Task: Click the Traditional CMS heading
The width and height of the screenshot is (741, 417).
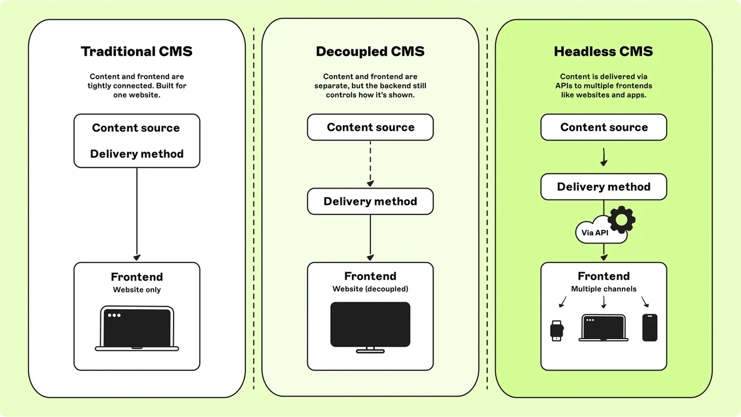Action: (x=137, y=51)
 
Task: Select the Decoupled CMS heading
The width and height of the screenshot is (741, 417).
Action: (x=370, y=51)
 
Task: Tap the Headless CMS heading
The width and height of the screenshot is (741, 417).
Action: (x=603, y=51)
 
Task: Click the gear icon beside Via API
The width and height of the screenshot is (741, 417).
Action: (x=622, y=219)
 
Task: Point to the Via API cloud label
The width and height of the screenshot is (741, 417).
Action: (x=595, y=233)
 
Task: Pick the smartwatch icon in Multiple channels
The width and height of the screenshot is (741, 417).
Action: (x=556, y=331)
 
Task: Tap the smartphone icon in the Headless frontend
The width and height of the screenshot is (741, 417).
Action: (x=650, y=328)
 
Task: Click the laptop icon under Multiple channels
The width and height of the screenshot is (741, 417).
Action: (x=603, y=328)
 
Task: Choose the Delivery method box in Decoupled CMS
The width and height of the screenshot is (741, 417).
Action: (x=370, y=201)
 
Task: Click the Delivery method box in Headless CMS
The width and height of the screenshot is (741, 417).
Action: (x=604, y=187)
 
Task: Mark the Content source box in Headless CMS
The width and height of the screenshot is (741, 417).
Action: (x=604, y=127)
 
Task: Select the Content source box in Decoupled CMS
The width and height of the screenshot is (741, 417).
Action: (x=370, y=127)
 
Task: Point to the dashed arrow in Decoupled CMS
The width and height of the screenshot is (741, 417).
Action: (x=370, y=164)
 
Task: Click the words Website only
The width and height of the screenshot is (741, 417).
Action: (x=137, y=290)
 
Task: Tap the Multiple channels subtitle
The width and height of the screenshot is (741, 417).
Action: (x=604, y=289)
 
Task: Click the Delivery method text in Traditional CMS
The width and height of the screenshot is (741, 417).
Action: (x=137, y=154)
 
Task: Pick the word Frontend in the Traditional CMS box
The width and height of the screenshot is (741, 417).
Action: (x=137, y=277)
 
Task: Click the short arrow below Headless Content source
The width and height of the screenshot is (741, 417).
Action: (x=604, y=157)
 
